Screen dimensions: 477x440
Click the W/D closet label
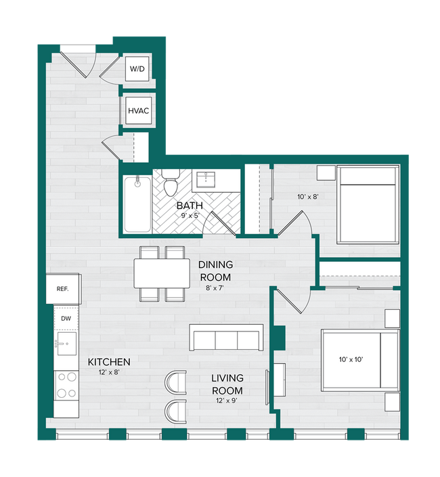click(137, 69)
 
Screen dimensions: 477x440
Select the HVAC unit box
click(137, 110)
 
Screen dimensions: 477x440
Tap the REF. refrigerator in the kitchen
click(63, 289)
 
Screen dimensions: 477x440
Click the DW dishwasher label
click(66, 317)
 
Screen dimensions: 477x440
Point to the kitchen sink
click(66, 344)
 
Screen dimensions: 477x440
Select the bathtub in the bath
click(137, 203)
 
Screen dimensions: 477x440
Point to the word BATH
click(190, 205)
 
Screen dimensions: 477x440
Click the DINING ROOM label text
click(216, 271)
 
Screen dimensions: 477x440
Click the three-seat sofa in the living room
click(226, 338)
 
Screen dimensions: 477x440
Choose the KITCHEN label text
click(109, 362)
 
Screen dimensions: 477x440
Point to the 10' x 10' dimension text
click(351, 359)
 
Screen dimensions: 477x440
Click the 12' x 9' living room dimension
click(226, 403)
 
